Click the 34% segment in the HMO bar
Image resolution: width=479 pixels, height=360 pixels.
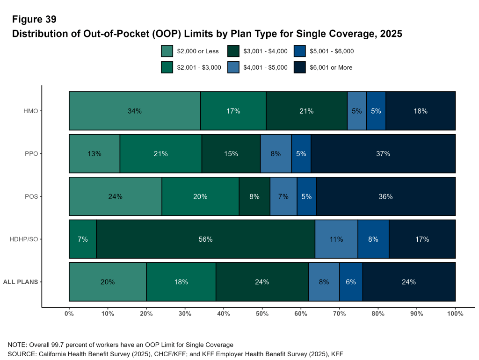135,111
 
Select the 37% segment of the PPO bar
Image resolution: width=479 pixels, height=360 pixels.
383,153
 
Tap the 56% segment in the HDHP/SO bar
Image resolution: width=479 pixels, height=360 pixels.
206,239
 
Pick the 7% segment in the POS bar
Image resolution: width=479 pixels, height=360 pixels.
283,196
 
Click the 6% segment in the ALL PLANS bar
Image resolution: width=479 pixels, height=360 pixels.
351,282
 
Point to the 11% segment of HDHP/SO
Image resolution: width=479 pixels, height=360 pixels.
336,239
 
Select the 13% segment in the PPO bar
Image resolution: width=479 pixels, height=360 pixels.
94,153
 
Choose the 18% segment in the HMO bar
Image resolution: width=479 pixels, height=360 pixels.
421,111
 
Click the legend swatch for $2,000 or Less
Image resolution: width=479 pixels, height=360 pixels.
167,51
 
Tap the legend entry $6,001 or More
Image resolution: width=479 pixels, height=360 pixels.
331,67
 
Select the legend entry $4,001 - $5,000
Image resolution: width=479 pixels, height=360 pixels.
265,67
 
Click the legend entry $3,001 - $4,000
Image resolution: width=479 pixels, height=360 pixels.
265,51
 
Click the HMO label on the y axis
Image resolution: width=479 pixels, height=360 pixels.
30,111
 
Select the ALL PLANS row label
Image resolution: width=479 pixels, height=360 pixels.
21,282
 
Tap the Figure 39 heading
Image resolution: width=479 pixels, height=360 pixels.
34,20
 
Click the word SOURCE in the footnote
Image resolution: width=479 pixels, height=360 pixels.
22,353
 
